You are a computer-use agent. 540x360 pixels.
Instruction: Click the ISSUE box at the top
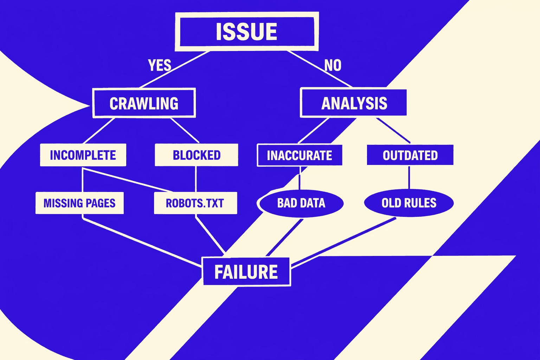tap(246, 32)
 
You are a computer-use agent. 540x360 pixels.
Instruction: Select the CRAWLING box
tap(144, 103)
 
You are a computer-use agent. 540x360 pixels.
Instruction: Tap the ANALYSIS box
tap(354, 103)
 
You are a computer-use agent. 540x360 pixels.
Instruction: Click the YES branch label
tap(159, 65)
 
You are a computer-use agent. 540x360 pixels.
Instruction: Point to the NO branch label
tap(333, 65)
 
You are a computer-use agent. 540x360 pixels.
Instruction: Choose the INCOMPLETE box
tap(83, 155)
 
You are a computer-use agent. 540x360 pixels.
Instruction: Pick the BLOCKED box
tap(196, 155)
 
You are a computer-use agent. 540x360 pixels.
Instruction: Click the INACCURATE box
tap(300, 155)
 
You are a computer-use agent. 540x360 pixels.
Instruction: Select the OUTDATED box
tap(410, 155)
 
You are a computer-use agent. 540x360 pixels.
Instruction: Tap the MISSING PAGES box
tap(79, 203)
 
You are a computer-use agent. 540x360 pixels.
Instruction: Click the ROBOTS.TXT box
tap(195, 203)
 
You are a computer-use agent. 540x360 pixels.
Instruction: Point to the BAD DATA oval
tap(301, 203)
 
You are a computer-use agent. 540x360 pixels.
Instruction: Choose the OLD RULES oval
tap(409, 203)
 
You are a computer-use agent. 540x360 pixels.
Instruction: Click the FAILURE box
tap(246, 272)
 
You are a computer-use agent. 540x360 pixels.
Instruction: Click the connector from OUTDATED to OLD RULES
tap(409, 178)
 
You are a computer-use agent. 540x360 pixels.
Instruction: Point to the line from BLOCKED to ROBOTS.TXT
tap(196, 179)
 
